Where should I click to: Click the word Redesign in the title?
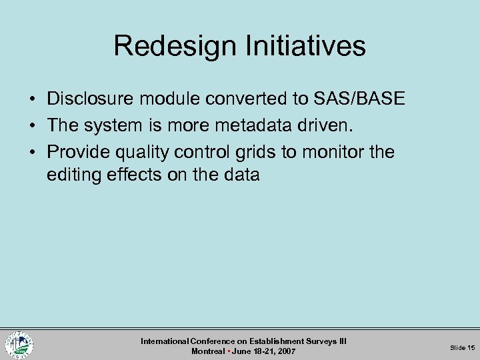[171, 46]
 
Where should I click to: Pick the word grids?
[256, 152]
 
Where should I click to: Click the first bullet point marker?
[32, 100]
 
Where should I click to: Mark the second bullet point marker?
[32, 126]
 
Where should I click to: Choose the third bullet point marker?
[32, 153]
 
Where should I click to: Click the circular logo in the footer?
[19, 345]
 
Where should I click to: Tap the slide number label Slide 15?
[462, 347]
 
